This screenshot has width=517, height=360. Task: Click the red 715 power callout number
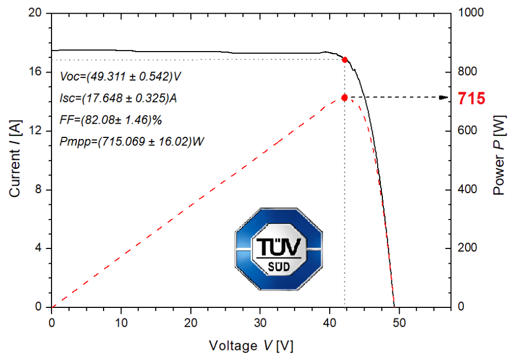pos(471,98)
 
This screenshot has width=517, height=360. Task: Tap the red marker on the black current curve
pos(344,60)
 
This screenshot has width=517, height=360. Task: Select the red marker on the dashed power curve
pos(344,97)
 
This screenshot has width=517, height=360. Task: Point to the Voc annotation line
pos(121,76)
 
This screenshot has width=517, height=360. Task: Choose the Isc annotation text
pos(118,98)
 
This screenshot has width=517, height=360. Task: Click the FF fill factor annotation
pos(111,120)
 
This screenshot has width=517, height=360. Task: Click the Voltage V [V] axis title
pos(251,346)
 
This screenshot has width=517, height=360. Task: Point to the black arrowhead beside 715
pos(445,97)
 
